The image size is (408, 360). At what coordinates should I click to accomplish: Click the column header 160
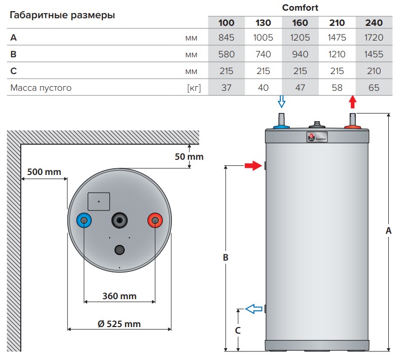click(x=300, y=23)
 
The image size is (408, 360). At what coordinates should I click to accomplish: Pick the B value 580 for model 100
click(x=226, y=54)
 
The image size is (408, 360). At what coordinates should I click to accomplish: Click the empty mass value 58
click(x=337, y=88)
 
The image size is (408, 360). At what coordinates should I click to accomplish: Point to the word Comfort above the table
click(x=300, y=8)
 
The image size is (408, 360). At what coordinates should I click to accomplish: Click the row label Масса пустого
click(x=41, y=88)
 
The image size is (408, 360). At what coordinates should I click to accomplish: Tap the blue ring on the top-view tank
click(x=84, y=221)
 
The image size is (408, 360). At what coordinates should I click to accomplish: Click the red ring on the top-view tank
click(x=155, y=221)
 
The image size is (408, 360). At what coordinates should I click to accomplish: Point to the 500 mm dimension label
click(x=44, y=172)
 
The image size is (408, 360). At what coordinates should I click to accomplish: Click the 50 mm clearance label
click(x=189, y=157)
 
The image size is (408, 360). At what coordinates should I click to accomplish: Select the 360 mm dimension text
click(x=119, y=296)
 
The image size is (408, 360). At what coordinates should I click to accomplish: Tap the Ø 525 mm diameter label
click(x=119, y=323)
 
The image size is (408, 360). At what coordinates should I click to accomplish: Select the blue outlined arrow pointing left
click(x=254, y=308)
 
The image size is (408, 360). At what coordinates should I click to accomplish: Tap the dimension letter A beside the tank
click(x=389, y=231)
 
